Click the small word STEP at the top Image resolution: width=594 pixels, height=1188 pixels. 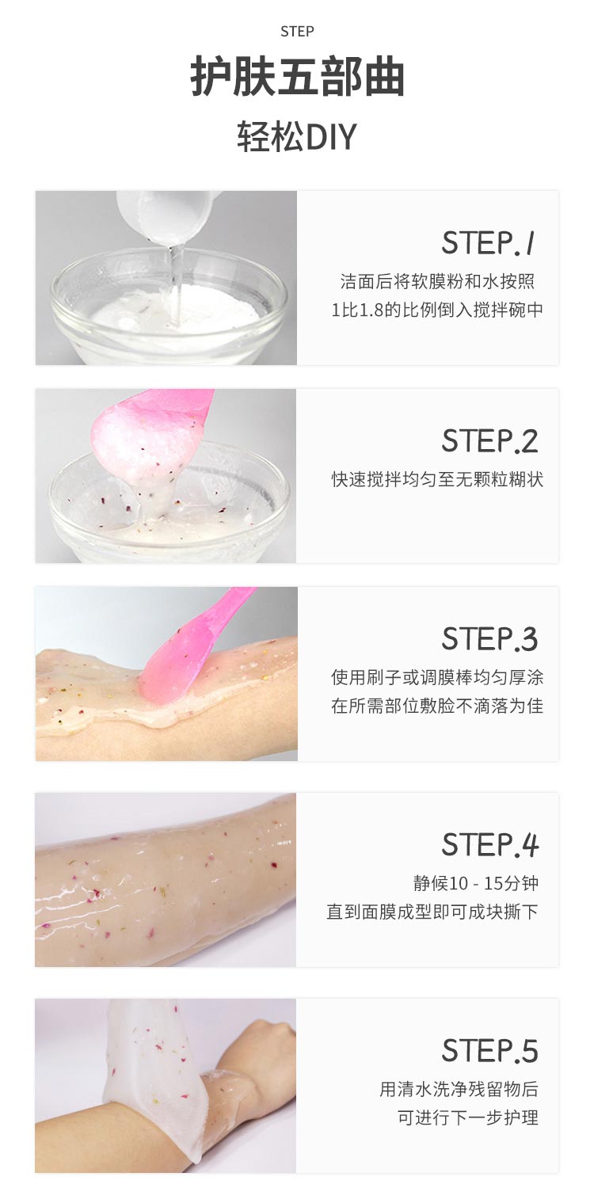(297, 31)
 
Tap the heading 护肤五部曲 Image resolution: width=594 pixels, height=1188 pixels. (297, 78)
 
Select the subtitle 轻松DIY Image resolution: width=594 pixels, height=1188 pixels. (297, 137)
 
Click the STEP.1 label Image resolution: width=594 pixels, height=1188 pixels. (489, 242)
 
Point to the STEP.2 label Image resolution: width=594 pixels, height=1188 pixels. (490, 440)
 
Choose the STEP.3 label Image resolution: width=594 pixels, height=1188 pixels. (490, 638)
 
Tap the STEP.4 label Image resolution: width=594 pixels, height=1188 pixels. (490, 844)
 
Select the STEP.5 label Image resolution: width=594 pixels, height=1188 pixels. (490, 1050)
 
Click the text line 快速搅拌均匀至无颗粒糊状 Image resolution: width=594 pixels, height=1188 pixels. (437, 479)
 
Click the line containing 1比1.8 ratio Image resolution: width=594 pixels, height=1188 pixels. (437, 310)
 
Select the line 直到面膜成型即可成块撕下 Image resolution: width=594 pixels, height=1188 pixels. (432, 912)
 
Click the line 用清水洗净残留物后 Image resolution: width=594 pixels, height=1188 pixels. (459, 1089)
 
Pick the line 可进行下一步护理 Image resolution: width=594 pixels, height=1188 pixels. (468, 1118)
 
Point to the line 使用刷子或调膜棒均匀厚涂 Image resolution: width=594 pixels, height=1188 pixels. (437, 677)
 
